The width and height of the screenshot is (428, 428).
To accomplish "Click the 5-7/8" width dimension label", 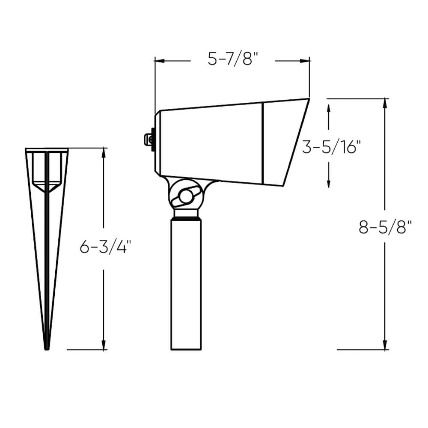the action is tap(233, 59).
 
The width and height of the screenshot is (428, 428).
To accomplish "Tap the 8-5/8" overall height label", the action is tap(385, 227).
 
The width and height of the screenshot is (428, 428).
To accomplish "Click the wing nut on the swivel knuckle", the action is tap(186, 196).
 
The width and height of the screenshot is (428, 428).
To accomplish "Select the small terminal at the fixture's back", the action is tap(149, 140).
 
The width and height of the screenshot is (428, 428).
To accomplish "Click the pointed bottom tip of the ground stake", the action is tap(47, 349).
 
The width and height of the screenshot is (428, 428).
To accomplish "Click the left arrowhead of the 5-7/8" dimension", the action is tap(159, 61).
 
